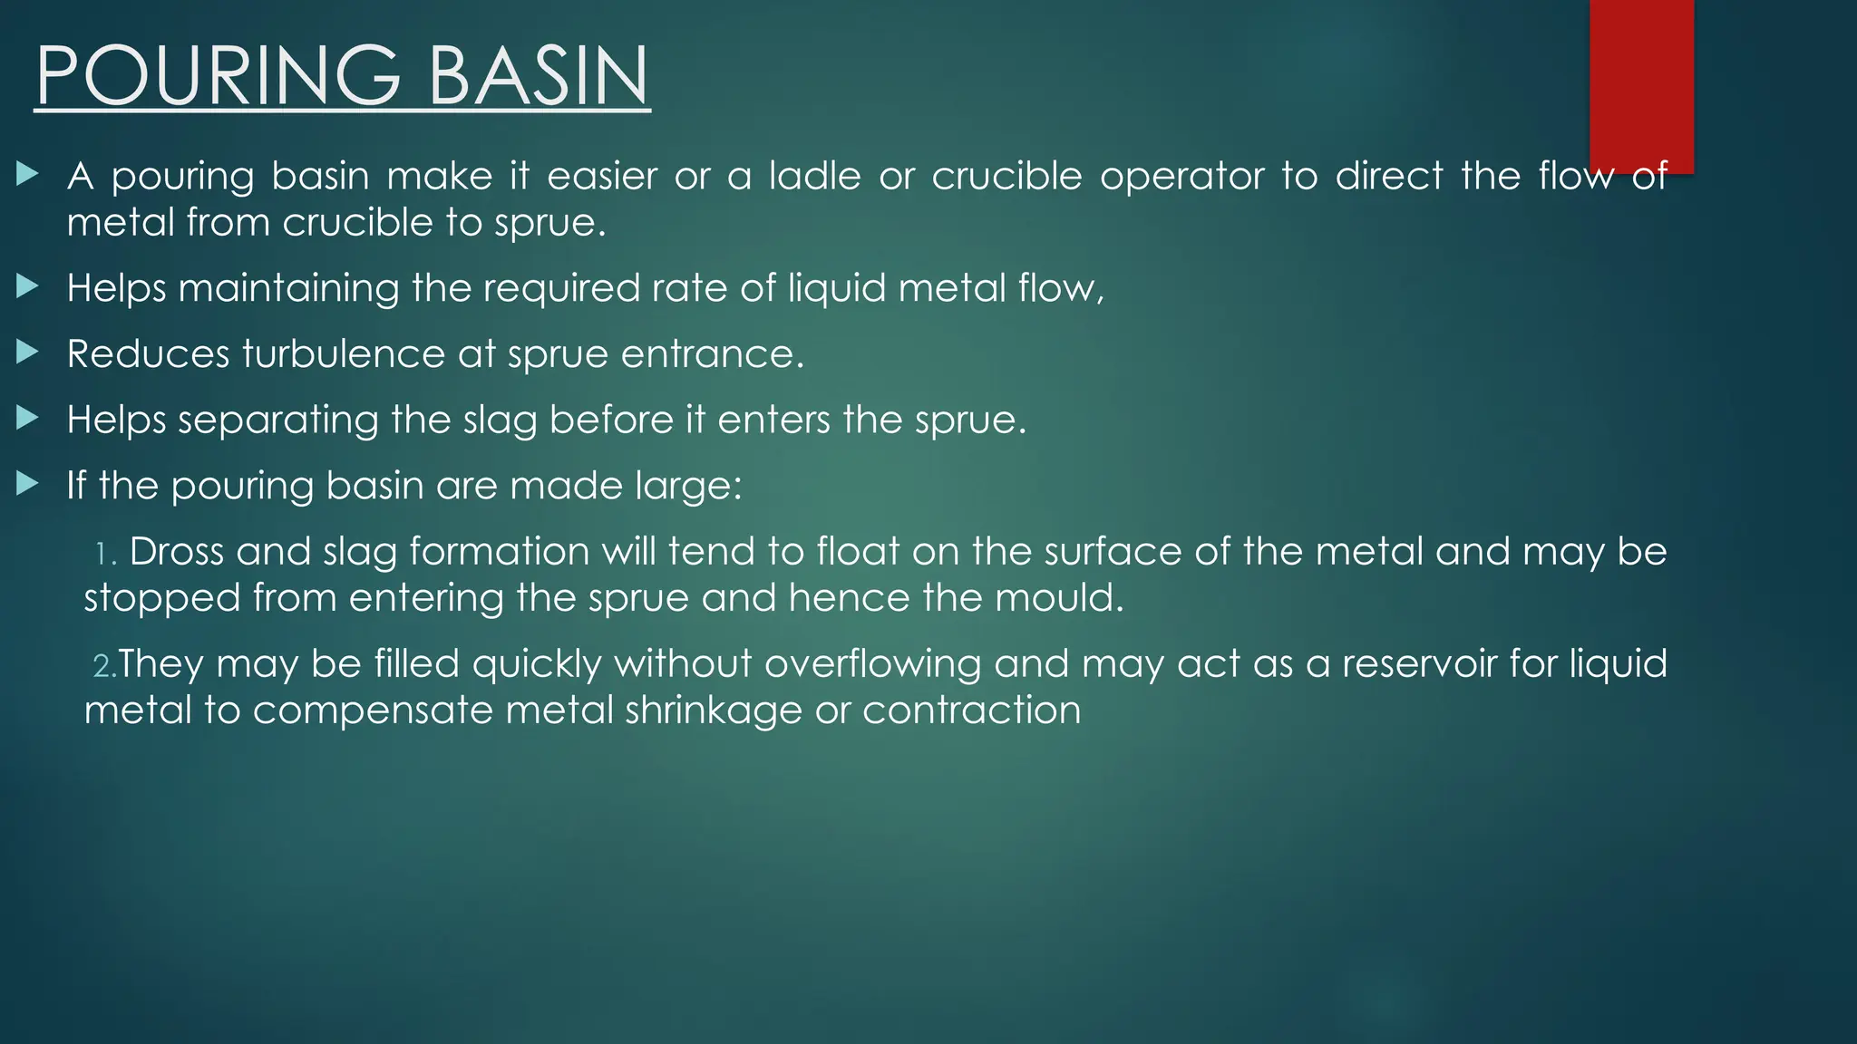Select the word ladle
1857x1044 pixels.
click(814, 176)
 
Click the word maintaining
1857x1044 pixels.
click(288, 289)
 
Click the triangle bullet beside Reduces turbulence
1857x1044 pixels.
click(28, 352)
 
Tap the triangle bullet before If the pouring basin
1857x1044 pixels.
click(28, 483)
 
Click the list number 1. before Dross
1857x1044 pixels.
click(106, 554)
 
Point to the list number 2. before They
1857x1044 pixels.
click(103, 666)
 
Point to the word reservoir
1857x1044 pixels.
click(1418, 664)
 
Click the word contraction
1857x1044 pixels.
click(971, 711)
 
